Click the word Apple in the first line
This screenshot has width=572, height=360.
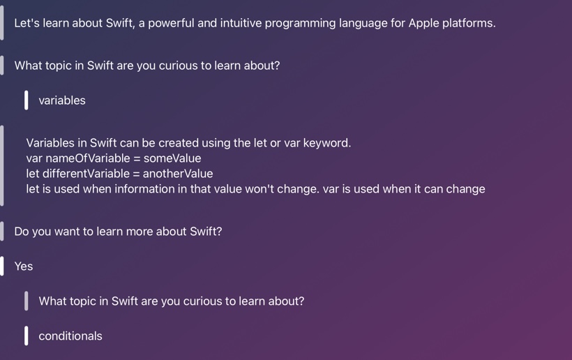(423, 23)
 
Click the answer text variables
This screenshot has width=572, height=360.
(62, 100)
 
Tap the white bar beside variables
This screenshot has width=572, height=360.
(27, 100)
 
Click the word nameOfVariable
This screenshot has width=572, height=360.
(88, 158)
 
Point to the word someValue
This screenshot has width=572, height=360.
(172, 158)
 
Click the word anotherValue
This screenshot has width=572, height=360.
(178, 174)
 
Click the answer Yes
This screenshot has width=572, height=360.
(24, 267)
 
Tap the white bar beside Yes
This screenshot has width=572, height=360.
(2, 267)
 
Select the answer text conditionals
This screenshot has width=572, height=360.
(70, 336)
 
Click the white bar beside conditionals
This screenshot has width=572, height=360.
(27, 336)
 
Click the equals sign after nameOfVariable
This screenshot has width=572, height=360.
(137, 158)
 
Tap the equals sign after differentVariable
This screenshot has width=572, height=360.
(137, 174)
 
